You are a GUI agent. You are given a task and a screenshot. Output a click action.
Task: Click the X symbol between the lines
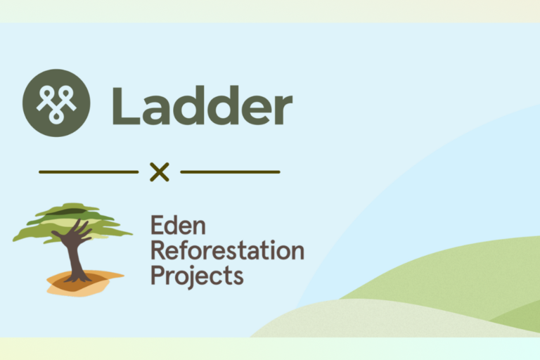(x=160, y=172)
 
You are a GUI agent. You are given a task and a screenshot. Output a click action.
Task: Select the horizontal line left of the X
(x=89, y=172)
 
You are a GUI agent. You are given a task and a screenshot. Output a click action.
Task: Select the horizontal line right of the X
(x=231, y=172)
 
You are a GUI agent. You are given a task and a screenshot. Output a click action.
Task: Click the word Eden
(x=177, y=227)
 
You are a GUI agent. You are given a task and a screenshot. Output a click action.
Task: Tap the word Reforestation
(x=227, y=251)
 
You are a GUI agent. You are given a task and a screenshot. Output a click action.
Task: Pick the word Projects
(x=197, y=275)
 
